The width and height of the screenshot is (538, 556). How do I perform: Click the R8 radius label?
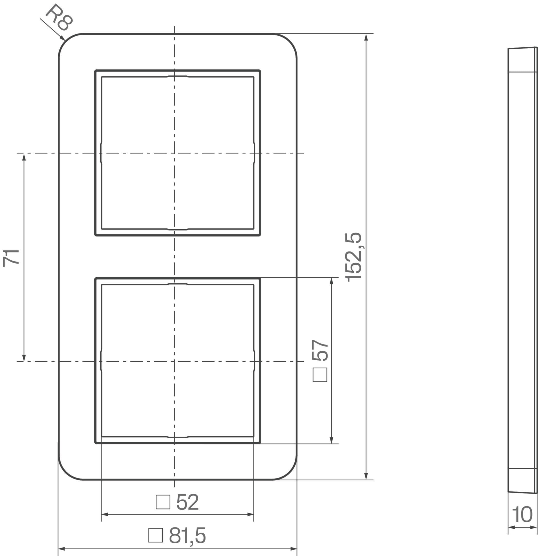point(59,18)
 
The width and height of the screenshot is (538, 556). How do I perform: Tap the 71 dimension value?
point(11,258)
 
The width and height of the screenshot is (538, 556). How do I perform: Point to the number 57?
point(320,350)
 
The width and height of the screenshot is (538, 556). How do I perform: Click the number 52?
point(188,502)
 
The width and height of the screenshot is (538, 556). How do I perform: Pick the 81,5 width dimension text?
point(188,536)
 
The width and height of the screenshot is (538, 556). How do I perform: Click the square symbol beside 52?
point(163,502)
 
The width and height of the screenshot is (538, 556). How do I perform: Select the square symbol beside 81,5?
point(156,535)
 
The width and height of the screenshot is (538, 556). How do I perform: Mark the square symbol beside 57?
point(320,375)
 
